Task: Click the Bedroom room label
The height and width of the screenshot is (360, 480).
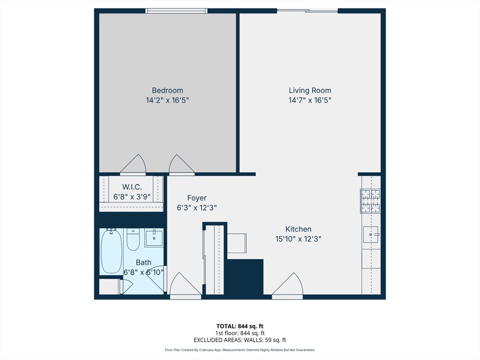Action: [167, 90]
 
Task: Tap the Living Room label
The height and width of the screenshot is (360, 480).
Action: [310, 90]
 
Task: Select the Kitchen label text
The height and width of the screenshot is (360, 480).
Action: [298, 229]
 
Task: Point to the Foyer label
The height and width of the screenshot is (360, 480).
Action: [197, 198]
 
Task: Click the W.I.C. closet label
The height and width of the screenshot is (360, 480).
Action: [132, 187]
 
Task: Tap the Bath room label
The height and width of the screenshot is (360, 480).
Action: [143, 262]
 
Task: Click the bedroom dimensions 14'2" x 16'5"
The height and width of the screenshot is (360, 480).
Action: [167, 100]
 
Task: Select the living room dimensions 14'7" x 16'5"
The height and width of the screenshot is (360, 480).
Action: [310, 100]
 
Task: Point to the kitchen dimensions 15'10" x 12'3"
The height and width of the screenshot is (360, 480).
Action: [298, 239]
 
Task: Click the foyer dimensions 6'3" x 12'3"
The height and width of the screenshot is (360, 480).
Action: [197, 208]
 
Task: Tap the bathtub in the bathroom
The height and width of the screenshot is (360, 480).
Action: [112, 251]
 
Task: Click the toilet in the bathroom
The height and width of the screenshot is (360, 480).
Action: [133, 240]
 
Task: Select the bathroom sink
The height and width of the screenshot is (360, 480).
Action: [154, 238]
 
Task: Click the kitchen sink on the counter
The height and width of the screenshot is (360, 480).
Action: [371, 234]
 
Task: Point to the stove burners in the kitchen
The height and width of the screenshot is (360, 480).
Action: [370, 201]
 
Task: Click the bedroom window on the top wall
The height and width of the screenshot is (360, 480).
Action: [176, 11]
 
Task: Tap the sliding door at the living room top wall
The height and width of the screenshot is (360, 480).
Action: [307, 11]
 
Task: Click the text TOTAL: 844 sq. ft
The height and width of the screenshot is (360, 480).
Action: [240, 326]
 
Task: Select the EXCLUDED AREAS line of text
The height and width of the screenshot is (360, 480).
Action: [240, 340]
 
